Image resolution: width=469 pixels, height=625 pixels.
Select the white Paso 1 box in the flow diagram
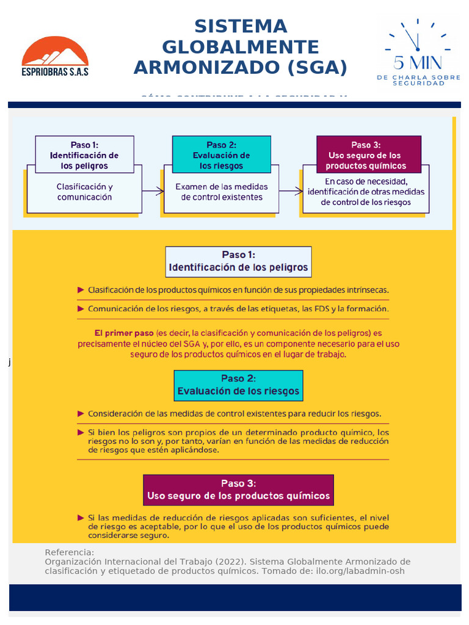[x=85, y=155]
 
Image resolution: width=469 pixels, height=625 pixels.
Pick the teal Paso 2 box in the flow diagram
[x=221, y=155]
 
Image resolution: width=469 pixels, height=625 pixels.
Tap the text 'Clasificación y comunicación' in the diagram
[x=85, y=192]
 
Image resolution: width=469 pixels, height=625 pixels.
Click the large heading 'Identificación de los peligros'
[x=238, y=267]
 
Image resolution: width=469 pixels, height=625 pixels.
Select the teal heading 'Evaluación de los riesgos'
[x=238, y=391]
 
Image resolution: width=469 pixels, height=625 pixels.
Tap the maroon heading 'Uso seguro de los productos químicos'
[x=238, y=496]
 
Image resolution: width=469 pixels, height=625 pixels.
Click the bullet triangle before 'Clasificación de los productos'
[x=81, y=290]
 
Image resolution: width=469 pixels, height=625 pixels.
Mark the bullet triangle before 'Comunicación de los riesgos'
[x=81, y=309]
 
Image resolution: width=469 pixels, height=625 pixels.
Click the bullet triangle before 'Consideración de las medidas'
[x=81, y=413]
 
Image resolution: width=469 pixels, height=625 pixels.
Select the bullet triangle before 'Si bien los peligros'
[x=81, y=432]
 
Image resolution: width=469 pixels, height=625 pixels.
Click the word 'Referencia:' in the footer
[x=70, y=552]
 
